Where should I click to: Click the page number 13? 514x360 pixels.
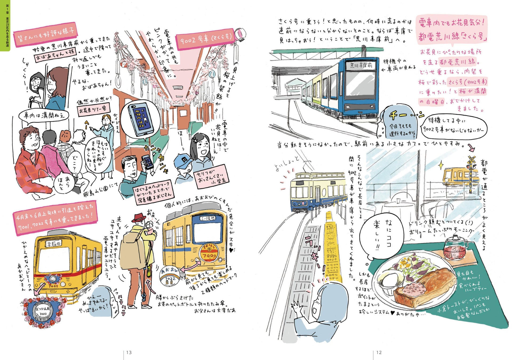point(129,353)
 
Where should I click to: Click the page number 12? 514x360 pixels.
point(379,353)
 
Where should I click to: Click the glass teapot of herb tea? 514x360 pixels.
point(456,248)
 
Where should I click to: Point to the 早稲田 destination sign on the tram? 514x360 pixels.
point(54,243)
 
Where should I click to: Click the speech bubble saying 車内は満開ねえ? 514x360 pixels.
point(44,115)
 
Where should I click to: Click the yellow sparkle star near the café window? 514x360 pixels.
point(441,165)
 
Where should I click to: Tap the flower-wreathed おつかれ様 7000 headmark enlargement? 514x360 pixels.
point(42,313)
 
